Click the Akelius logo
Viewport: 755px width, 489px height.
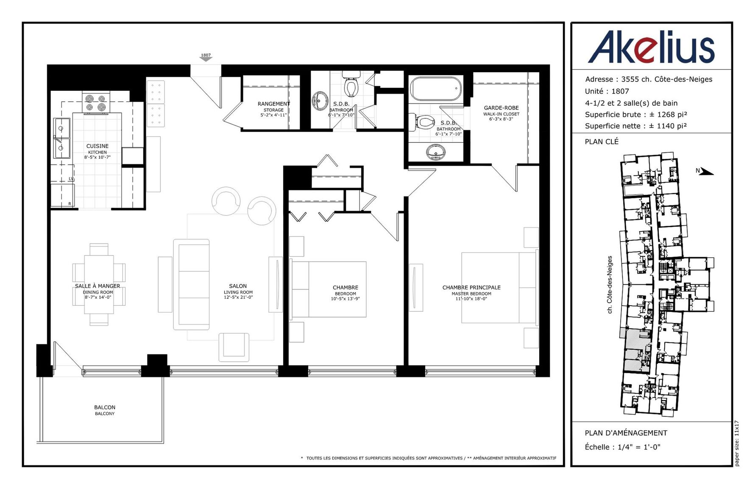651,47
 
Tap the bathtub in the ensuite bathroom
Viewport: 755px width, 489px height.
436,88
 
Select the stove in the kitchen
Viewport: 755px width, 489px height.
96,102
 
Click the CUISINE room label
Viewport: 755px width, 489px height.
98,146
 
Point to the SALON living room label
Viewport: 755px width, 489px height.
238,286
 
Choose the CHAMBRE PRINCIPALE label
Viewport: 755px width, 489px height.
471,287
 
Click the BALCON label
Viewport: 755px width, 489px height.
105,407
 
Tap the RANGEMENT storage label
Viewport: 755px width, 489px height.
274,104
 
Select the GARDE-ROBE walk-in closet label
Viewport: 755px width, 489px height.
501,108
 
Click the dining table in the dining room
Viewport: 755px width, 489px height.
99,284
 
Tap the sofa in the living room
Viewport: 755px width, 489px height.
191,284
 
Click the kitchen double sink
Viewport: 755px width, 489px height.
61,138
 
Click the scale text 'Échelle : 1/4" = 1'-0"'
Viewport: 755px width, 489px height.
623,447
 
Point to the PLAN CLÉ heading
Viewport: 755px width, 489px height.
602,142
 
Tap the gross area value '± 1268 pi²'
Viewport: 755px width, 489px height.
668,115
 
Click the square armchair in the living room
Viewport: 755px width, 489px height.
234,347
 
